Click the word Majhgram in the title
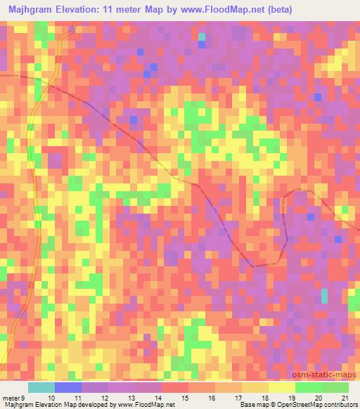coord(32,10)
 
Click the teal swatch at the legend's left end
coord(41,387)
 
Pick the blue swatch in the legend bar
coord(68,387)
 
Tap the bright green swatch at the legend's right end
coord(335,387)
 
